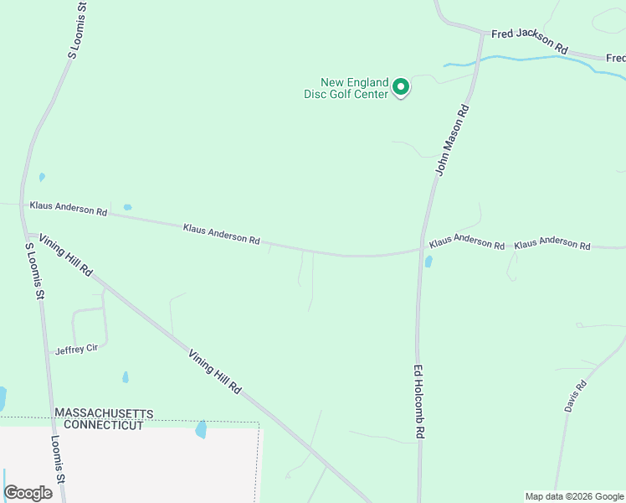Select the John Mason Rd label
(451, 139)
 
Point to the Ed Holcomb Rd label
(420, 402)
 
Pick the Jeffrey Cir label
(77, 350)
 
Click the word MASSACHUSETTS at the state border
(104, 414)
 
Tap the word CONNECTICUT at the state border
(99, 425)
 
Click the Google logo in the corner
(28, 493)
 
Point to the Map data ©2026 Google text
(574, 496)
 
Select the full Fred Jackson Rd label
(530, 41)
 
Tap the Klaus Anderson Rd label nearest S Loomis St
(69, 209)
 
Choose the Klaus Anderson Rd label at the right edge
(552, 244)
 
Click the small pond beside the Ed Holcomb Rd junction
(428, 262)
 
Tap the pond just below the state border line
(201, 430)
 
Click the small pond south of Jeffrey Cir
(126, 377)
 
